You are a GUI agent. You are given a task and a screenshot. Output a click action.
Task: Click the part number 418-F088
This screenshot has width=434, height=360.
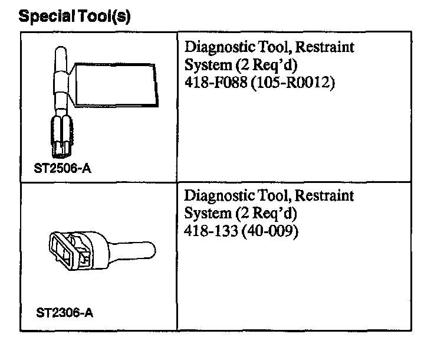(216, 82)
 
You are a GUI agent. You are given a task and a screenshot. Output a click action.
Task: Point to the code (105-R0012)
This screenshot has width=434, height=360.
(292, 82)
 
